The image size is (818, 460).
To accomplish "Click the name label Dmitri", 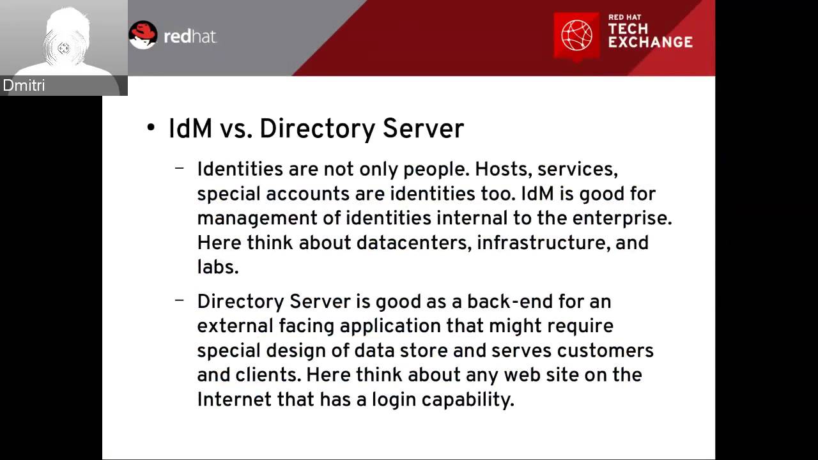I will point(24,86).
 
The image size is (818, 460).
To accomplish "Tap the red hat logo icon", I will point(143,35).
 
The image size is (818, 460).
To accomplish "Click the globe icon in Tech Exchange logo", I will point(576,36).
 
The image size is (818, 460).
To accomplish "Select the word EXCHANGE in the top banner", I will point(650,43).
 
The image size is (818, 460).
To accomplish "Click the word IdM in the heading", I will point(190,128).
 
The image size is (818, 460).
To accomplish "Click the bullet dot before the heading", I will point(151,128).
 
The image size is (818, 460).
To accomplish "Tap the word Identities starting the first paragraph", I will point(240,169).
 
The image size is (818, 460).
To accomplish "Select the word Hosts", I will point(502,169).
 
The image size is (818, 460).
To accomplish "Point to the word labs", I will point(217,267).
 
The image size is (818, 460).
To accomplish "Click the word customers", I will point(605,351).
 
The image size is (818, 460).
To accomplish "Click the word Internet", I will point(233,399).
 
